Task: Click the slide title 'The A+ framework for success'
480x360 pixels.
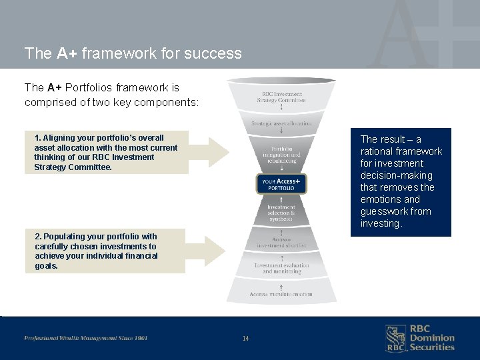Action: (x=133, y=53)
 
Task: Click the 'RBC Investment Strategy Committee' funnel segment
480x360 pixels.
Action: (x=281, y=97)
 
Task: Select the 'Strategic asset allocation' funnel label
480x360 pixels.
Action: (x=281, y=123)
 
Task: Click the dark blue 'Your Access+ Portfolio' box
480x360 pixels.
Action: (x=281, y=184)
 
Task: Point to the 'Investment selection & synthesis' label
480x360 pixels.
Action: (x=281, y=213)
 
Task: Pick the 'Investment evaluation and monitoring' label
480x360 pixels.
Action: (x=281, y=268)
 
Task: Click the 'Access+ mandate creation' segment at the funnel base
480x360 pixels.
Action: (x=281, y=294)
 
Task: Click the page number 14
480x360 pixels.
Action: (x=245, y=339)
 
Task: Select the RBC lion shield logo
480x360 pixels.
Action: (x=395, y=338)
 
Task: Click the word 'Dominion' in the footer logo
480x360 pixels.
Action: (x=432, y=338)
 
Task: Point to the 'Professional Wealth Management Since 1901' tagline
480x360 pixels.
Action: (x=86, y=338)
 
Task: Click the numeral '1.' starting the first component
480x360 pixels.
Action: (x=38, y=138)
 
